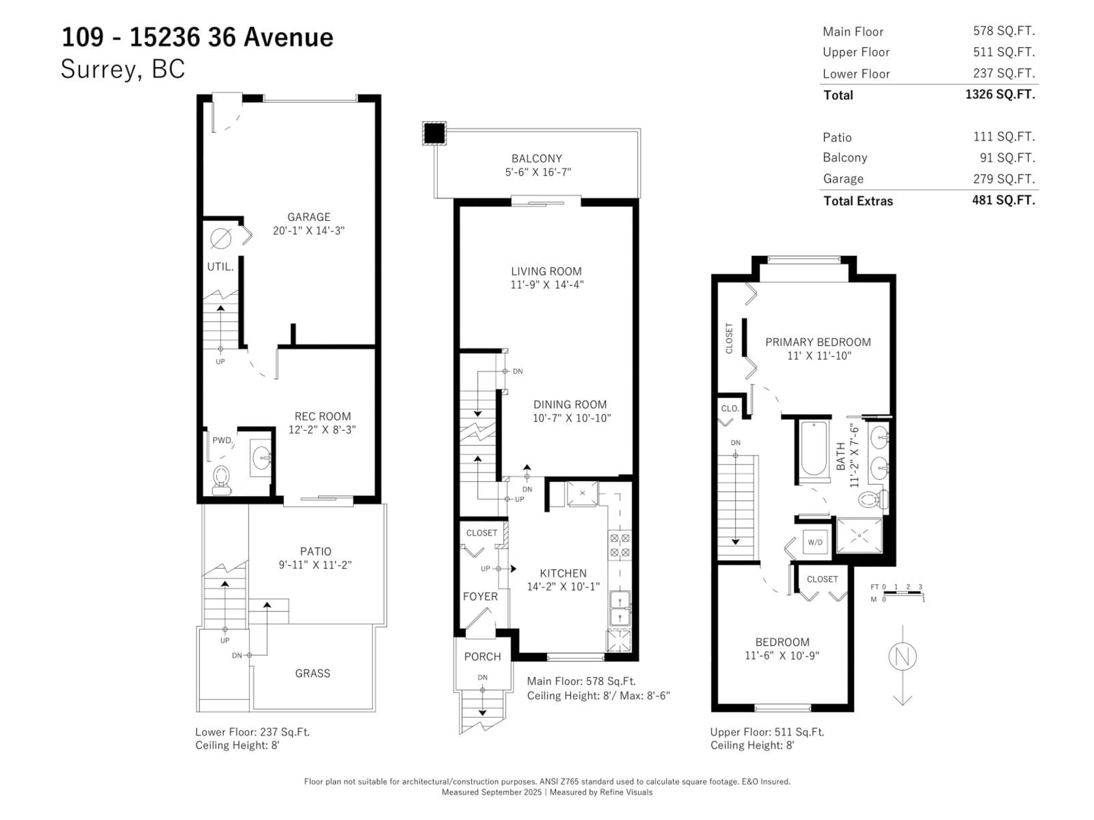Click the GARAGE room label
point(309,217)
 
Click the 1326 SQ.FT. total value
point(1000,95)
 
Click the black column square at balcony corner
point(434,133)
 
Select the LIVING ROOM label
point(546,271)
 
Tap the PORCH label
point(482,657)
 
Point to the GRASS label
point(313,673)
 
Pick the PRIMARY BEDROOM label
point(818,342)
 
